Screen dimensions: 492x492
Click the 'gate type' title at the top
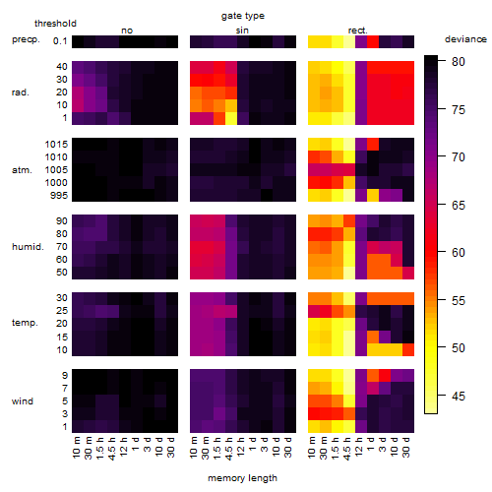[x=243, y=16]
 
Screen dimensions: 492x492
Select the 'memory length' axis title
[x=242, y=478]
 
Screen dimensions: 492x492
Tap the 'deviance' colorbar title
[x=465, y=39]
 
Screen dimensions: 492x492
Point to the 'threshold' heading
[x=55, y=24]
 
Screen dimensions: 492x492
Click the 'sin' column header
[x=242, y=31]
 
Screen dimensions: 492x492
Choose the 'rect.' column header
[x=357, y=31]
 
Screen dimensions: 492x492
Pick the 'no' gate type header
[x=127, y=31]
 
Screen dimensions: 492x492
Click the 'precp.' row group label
[x=26, y=39]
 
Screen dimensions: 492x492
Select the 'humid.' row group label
[x=28, y=247]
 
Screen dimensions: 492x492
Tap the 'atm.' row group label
[x=22, y=170]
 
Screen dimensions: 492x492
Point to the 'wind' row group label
[x=23, y=401]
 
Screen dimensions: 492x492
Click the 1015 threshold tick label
[x=56, y=145]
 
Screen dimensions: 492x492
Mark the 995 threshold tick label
[x=59, y=196]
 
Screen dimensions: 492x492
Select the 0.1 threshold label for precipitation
[x=60, y=41]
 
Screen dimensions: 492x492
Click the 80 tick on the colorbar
[x=459, y=61]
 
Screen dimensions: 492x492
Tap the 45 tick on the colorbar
[x=459, y=397]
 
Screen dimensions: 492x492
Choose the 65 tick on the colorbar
[x=459, y=206]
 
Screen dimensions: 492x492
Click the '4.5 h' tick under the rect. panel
[x=347, y=448]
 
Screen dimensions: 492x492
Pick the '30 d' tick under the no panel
[x=171, y=447]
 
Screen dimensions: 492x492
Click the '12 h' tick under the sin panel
[x=241, y=447]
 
